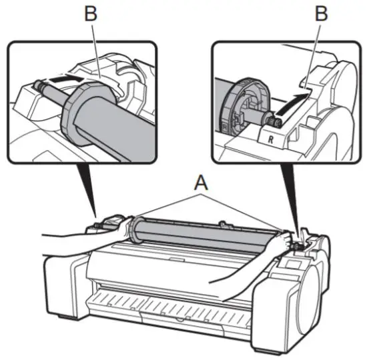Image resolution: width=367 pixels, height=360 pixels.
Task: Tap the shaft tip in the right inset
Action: (x=270, y=120)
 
